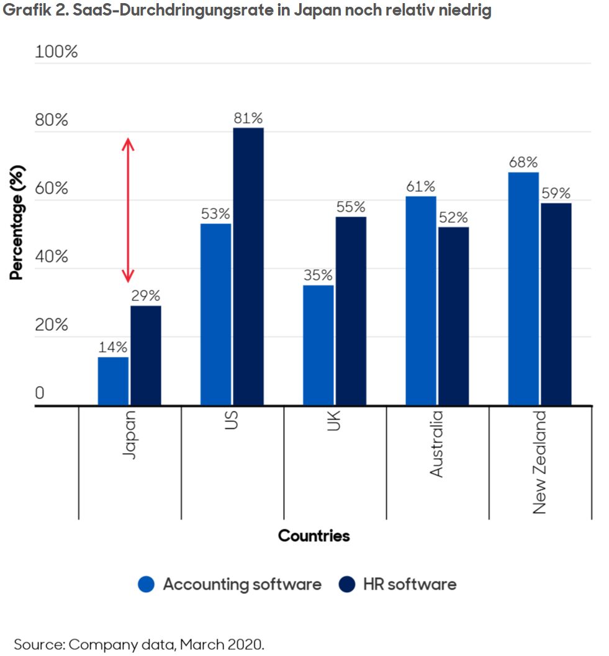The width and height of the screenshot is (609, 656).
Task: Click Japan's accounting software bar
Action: tap(113, 381)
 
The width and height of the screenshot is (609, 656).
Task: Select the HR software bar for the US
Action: tap(248, 267)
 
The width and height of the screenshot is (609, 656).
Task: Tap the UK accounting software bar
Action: tap(318, 345)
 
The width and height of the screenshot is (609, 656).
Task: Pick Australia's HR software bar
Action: tap(453, 316)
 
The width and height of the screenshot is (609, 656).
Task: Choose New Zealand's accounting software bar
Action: tap(523, 289)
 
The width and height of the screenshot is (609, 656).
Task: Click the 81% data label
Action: tap(248, 118)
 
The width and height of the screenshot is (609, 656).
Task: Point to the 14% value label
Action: tap(113, 348)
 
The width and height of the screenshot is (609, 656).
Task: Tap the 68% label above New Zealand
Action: tap(523, 163)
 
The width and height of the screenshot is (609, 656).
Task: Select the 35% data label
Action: tap(318, 276)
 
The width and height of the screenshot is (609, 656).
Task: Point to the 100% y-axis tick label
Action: tap(56, 52)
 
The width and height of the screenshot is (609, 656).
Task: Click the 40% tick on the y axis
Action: tap(52, 257)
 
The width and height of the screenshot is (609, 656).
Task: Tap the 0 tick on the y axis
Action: tap(40, 393)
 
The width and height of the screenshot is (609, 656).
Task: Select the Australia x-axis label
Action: tap(437, 444)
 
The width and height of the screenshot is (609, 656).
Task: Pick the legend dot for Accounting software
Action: tap(147, 584)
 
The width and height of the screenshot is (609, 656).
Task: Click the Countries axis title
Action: tap(314, 536)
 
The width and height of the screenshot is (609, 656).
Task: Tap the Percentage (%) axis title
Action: tap(16, 222)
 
